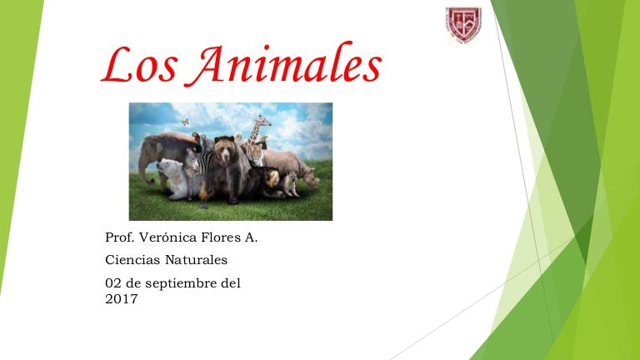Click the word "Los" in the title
pyautogui.click(x=140, y=66)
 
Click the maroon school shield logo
pyautogui.click(x=462, y=24)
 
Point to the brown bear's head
pyautogui.click(x=224, y=151)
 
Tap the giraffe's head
pyautogui.click(x=263, y=122)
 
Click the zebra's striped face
pyautogui.click(x=192, y=163)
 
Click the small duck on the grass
pyautogui.click(x=202, y=192)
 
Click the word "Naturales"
pyautogui.click(x=197, y=261)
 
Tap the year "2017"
pyautogui.click(x=122, y=297)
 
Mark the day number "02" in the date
pyautogui.click(x=114, y=283)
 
